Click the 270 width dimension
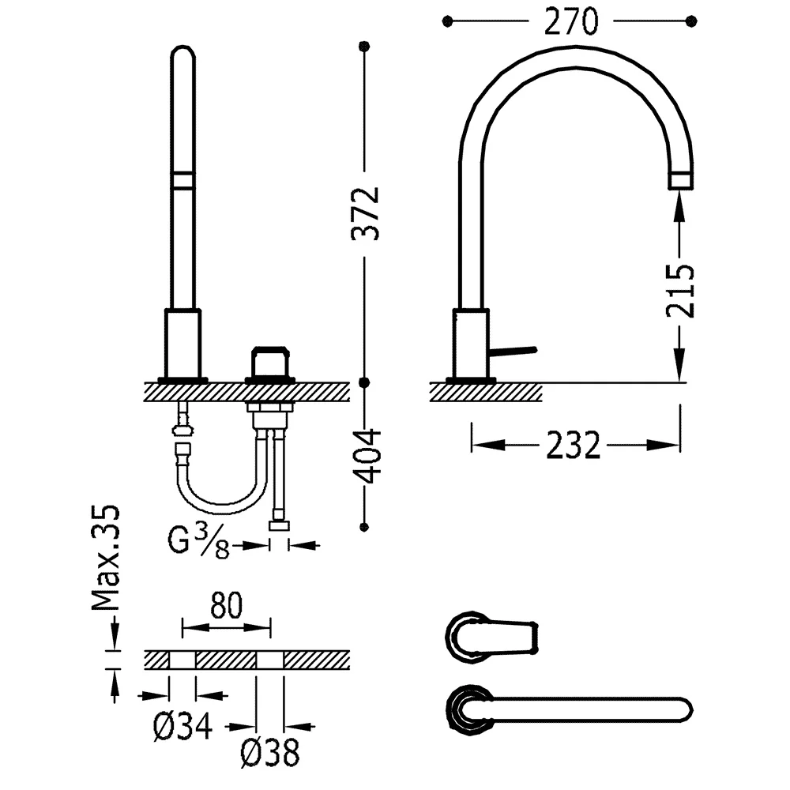[x=571, y=21]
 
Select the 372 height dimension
[x=365, y=213]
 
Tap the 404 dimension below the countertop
[x=367, y=457]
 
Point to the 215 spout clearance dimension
[x=680, y=291]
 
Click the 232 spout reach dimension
[x=574, y=446]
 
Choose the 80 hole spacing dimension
[x=226, y=605]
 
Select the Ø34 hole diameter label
[x=183, y=727]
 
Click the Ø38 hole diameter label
[x=270, y=753]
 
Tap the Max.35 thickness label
[x=106, y=557]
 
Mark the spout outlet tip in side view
[x=680, y=180]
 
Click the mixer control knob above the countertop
[x=270, y=363]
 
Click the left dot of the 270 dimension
[x=447, y=21]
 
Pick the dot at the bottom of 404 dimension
[x=364, y=527]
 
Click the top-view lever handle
[x=492, y=636]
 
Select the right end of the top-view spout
[x=692, y=710]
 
